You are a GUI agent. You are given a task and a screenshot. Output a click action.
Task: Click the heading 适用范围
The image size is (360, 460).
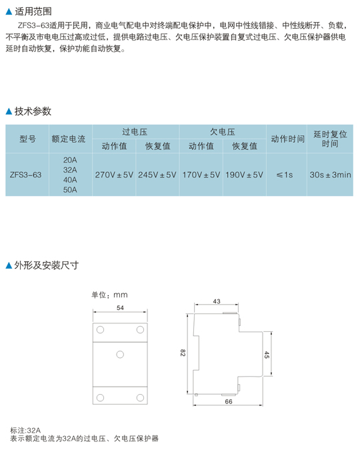(33, 11)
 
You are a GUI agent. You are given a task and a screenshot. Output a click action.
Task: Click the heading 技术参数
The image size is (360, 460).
(33, 111)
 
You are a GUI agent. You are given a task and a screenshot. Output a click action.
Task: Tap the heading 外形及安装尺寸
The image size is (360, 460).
(47, 265)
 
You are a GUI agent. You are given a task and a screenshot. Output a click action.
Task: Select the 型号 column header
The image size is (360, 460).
(27, 139)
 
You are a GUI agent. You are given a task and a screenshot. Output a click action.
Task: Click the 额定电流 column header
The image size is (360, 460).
(69, 139)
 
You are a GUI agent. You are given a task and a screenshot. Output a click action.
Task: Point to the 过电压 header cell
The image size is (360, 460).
(135, 132)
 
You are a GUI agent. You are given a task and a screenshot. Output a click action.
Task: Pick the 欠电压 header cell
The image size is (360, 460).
(223, 132)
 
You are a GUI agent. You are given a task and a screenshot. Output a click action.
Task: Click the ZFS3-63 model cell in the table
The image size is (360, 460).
(25, 175)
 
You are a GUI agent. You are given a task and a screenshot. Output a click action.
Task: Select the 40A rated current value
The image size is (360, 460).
(70, 180)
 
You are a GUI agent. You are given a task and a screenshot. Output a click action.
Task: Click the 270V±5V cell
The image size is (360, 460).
(114, 175)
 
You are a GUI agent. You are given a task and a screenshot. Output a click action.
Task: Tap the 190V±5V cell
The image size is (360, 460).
(244, 175)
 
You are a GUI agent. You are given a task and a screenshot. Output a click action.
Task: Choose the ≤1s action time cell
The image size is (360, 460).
(285, 175)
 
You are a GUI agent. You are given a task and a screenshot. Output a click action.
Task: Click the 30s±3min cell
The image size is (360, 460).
(330, 175)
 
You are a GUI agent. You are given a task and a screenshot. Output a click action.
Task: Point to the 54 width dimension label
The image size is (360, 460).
(120, 308)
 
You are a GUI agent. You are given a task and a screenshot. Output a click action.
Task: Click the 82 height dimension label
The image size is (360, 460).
(183, 353)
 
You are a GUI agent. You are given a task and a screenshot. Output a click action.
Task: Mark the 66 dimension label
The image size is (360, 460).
(229, 401)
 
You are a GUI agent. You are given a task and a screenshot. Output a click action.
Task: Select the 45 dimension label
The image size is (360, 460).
(267, 355)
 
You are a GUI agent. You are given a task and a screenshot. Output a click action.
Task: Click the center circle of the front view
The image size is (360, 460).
(120, 355)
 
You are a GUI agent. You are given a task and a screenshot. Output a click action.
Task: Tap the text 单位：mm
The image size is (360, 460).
(109, 295)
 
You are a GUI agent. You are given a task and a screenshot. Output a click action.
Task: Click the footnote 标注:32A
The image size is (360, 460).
(25, 431)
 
